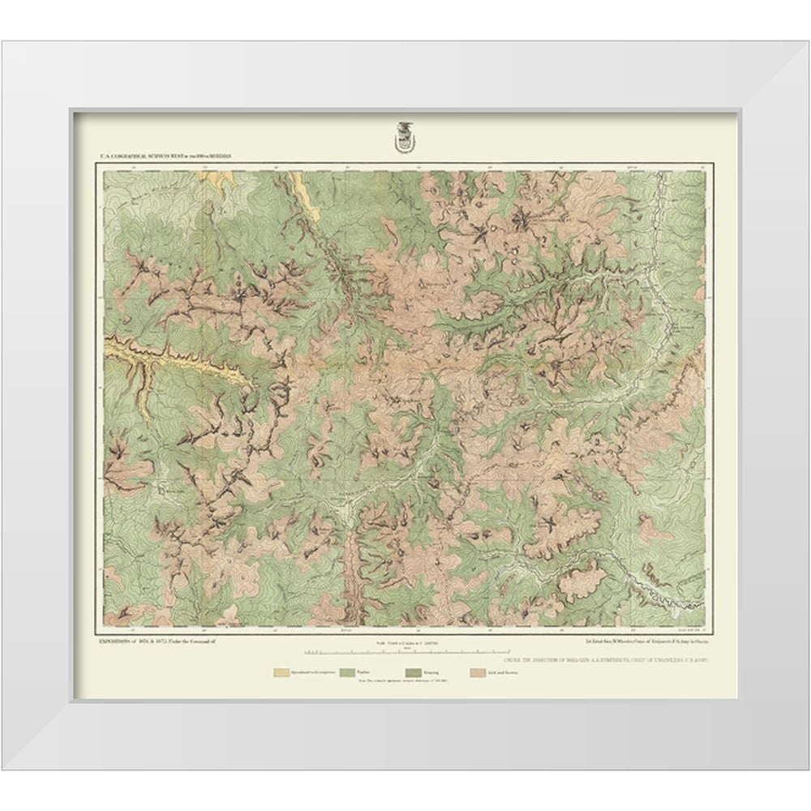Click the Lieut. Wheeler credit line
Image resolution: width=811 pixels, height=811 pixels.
[631, 642]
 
